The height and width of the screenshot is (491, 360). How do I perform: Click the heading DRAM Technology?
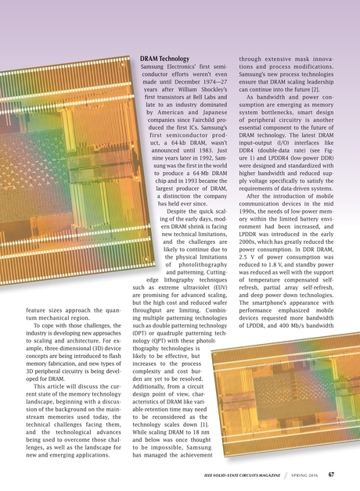(164, 59)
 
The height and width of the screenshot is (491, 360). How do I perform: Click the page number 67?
(332, 474)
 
